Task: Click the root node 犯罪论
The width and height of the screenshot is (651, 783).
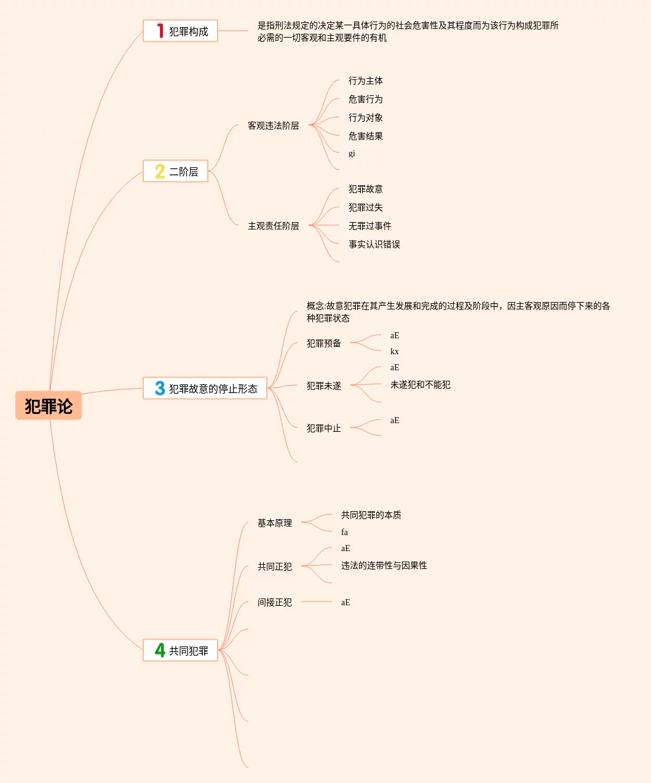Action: click(49, 405)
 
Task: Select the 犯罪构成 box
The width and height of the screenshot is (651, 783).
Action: click(180, 31)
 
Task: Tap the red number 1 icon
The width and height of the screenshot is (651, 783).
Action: click(160, 31)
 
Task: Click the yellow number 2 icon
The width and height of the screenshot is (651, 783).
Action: click(160, 171)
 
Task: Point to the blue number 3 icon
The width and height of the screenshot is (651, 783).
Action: click(160, 388)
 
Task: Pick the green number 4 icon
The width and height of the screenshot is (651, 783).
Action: click(160, 650)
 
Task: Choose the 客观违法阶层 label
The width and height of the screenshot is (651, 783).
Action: click(273, 125)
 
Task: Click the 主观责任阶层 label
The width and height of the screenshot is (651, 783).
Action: click(273, 226)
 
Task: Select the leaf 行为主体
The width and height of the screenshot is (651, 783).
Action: click(365, 81)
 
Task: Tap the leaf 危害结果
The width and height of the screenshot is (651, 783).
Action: click(365, 136)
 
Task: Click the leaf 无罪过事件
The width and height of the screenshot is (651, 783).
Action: click(369, 226)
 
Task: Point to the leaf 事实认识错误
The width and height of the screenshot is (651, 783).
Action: click(374, 244)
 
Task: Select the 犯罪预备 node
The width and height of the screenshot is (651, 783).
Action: click(323, 343)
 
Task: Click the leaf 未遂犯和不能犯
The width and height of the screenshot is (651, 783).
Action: click(420, 384)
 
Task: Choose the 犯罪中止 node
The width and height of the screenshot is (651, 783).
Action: click(323, 428)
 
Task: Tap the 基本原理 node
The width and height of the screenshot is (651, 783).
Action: click(274, 523)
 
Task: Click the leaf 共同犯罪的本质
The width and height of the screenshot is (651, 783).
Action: click(371, 515)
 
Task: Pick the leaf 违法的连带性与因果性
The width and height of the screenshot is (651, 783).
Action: click(384, 565)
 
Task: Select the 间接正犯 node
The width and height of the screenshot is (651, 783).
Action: click(274, 602)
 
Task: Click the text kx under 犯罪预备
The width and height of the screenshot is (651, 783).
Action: click(394, 352)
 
